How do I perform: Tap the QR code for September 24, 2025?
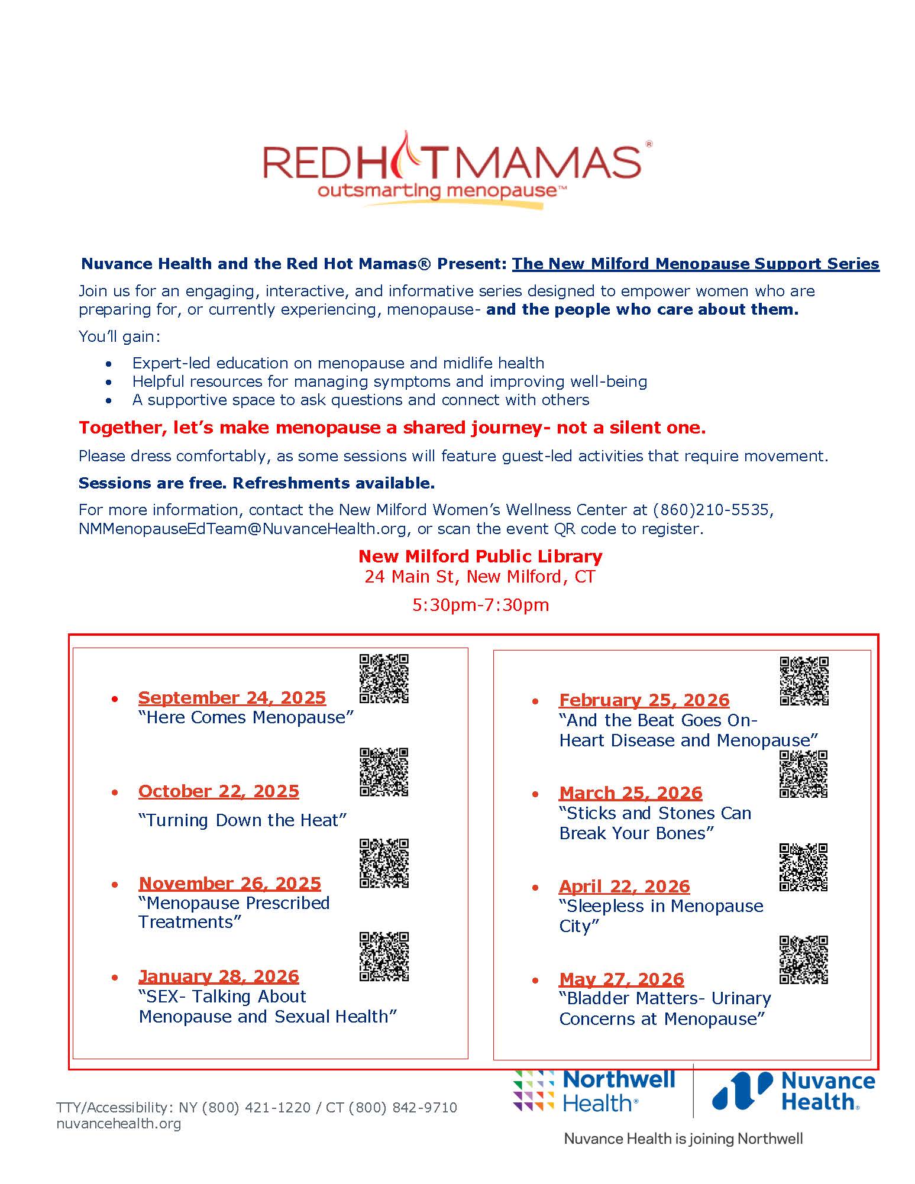click(384, 678)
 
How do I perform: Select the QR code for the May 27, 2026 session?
click(803, 959)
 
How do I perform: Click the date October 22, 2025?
click(219, 791)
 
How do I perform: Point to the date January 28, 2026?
click(219, 976)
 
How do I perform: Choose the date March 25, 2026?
click(631, 793)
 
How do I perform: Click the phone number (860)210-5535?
click(711, 510)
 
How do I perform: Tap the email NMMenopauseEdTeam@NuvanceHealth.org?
click(243, 529)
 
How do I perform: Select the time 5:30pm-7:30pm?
click(480, 605)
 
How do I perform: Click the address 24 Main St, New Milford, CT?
click(480, 577)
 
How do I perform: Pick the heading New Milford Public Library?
click(480, 557)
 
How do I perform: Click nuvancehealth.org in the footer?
click(118, 1124)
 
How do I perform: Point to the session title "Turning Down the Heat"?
click(243, 820)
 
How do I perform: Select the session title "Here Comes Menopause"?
click(245, 717)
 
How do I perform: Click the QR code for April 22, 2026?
click(803, 867)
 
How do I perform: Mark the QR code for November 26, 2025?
click(384, 863)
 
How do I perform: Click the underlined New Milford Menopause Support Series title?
click(696, 264)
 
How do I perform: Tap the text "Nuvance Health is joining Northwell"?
click(683, 1138)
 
